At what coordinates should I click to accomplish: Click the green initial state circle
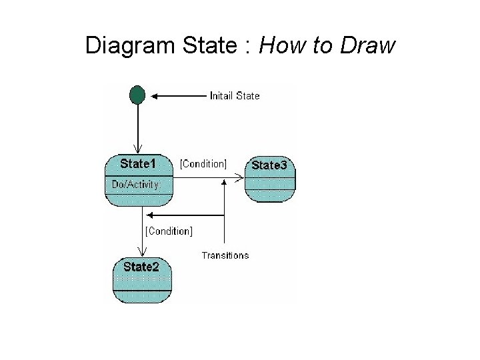(x=137, y=95)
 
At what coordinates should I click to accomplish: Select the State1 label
(x=138, y=163)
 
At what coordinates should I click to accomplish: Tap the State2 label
(x=141, y=267)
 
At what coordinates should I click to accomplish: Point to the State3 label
(x=269, y=165)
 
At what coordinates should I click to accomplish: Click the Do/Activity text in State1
(x=135, y=185)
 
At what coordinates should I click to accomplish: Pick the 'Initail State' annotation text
(x=235, y=96)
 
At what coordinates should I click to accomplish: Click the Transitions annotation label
(x=225, y=255)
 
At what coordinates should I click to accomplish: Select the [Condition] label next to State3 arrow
(x=203, y=164)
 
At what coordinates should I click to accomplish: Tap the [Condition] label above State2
(x=169, y=231)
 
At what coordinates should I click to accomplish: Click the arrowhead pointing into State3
(x=241, y=177)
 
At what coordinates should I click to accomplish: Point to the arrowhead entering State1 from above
(x=138, y=149)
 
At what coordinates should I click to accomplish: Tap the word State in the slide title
(x=207, y=46)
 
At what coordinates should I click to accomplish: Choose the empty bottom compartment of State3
(x=270, y=195)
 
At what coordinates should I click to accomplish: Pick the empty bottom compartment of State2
(x=142, y=297)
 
